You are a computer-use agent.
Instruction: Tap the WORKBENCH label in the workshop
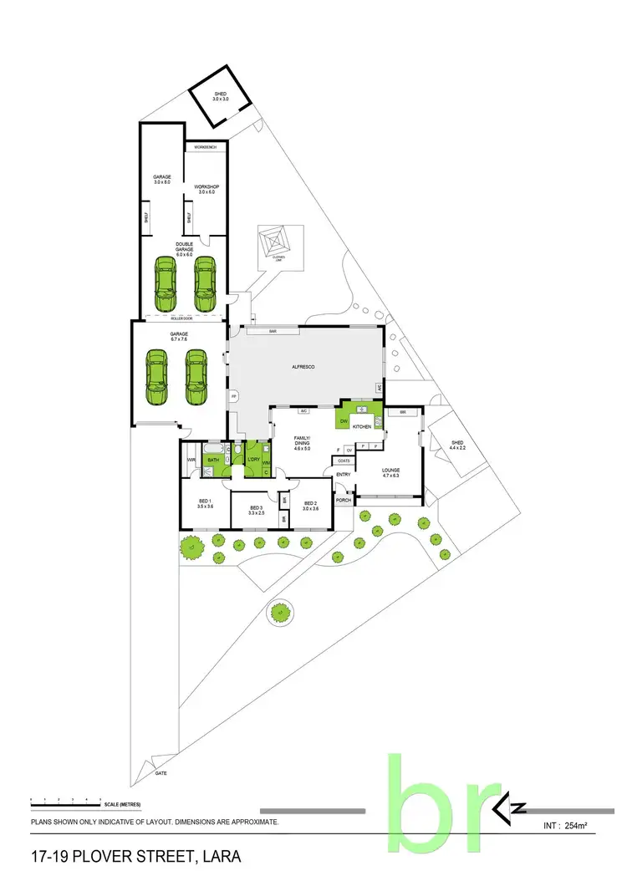tap(205, 147)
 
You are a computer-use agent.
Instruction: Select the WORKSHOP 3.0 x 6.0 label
tap(206, 189)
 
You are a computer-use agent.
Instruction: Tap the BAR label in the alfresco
tap(272, 331)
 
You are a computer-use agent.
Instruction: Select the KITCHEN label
tap(361, 426)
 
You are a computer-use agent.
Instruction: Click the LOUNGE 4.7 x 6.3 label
tap(391, 472)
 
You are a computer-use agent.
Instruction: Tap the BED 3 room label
tap(257, 509)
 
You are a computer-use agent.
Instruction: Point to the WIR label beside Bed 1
tap(191, 460)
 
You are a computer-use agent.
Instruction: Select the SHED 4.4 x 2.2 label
tap(457, 446)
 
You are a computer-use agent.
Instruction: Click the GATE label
tap(161, 774)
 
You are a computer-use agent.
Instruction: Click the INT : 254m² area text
tap(564, 827)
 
